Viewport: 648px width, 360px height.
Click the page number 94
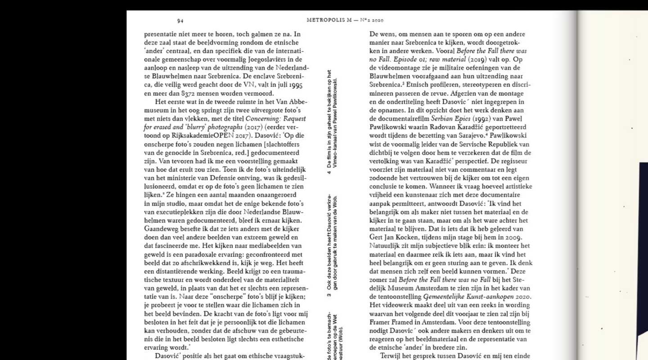[x=180, y=21]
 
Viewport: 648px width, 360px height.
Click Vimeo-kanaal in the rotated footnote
[x=334, y=153]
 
